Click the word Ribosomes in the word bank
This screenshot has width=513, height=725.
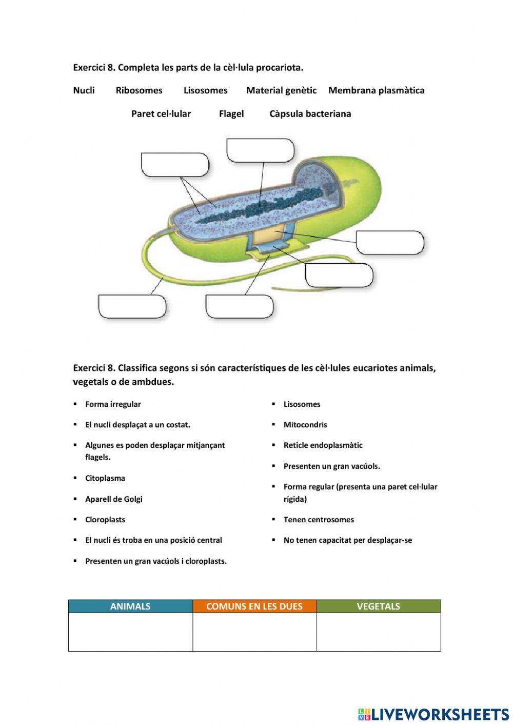click(x=139, y=90)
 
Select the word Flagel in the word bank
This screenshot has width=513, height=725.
click(x=231, y=113)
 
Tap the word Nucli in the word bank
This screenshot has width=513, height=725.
click(x=84, y=90)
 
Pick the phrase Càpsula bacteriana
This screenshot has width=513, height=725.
click(x=310, y=113)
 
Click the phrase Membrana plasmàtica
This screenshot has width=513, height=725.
click(x=376, y=90)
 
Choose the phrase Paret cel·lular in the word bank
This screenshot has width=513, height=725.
click(x=161, y=113)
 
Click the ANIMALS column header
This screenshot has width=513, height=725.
click(x=130, y=606)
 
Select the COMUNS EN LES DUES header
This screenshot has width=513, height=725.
click(x=254, y=606)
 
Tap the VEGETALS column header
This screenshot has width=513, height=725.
click(x=378, y=606)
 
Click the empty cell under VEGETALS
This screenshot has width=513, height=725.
click(x=378, y=632)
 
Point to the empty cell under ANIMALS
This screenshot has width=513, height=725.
click(x=130, y=632)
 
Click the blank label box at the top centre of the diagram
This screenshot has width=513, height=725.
click(x=260, y=150)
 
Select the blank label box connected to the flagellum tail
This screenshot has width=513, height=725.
click(x=132, y=306)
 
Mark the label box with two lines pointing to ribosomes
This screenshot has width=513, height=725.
click(x=175, y=165)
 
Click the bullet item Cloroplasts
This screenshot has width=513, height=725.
click(x=105, y=519)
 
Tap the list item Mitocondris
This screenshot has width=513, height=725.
click(x=305, y=424)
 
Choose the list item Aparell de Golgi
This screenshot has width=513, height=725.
click(x=113, y=499)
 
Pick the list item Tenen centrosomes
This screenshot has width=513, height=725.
click(x=318, y=519)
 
